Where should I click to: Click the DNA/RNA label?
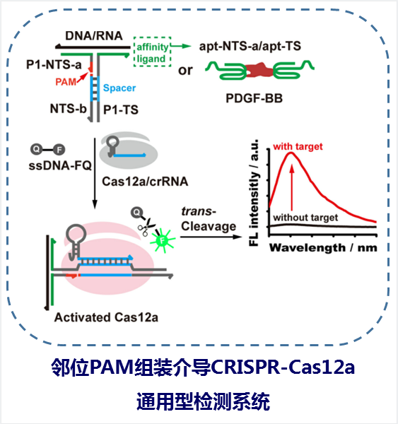pos(94,36)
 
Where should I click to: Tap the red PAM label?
pos(66,82)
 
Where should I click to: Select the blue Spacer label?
pos(119,88)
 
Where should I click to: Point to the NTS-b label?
pos(68,109)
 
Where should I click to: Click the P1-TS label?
pos(121,110)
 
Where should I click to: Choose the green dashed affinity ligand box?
pos(152,52)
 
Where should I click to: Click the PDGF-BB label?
pos(254,98)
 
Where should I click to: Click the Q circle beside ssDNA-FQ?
pos(36,149)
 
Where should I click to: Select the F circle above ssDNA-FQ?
pos(59,150)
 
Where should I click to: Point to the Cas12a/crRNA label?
pos(145,182)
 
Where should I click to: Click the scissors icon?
pos(146,226)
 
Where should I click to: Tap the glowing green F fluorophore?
pos(163,240)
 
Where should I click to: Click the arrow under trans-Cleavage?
pos(211,237)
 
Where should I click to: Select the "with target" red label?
pos(298,146)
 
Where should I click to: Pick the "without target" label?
pos(305,218)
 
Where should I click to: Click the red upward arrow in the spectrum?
pos(292,188)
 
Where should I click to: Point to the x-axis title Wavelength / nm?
pos(323,248)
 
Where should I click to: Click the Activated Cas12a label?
pos(106,317)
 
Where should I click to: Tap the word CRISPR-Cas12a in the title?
pos(283,367)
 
